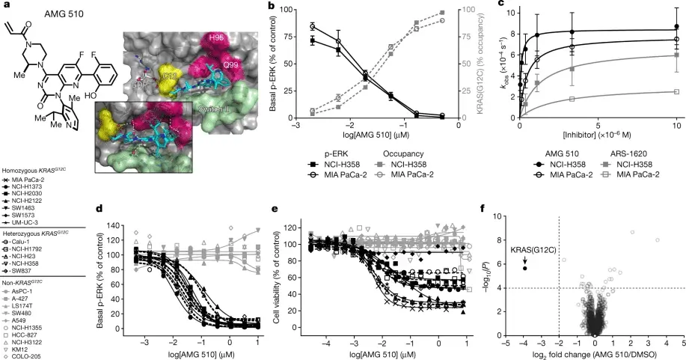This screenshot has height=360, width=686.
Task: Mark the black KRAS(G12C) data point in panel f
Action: tap(525, 267)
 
